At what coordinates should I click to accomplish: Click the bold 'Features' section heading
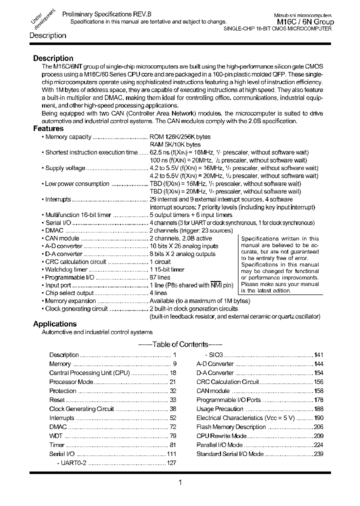tap(48, 128)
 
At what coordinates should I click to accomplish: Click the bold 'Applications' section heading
tap(54, 324)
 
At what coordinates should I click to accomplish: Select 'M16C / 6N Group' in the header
tap(305, 22)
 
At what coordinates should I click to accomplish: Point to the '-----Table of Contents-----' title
tap(179, 344)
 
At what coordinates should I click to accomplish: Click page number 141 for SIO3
tap(318, 354)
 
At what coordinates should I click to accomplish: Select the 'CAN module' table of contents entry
tap(213, 391)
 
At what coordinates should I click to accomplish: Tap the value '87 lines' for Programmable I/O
tap(160, 277)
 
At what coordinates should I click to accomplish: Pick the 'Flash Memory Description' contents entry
tap(230, 427)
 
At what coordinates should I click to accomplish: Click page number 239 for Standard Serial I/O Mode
tap(318, 454)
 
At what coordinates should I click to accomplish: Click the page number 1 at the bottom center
tap(179, 482)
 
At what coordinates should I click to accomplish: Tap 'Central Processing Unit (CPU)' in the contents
tap(89, 373)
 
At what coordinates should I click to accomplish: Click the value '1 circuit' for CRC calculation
tap(160, 261)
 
